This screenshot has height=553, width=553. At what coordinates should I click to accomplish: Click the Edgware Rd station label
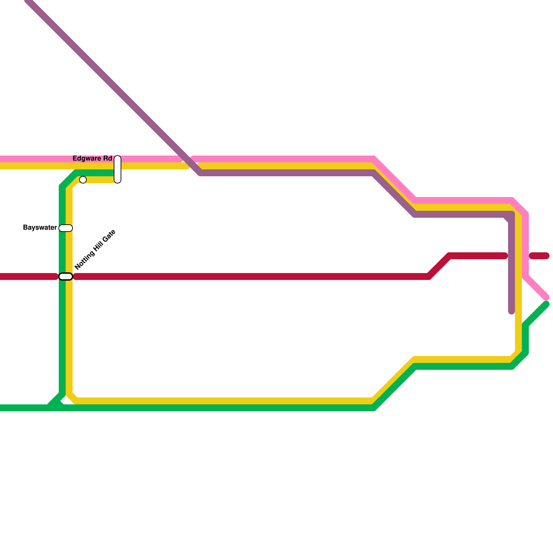point(92,159)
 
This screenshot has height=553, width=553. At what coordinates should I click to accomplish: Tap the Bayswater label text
point(40,228)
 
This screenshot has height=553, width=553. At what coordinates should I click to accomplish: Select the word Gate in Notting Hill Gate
point(109,237)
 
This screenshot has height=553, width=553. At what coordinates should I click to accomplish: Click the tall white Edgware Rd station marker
point(118,169)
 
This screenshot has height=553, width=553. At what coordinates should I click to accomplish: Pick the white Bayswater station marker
point(66,228)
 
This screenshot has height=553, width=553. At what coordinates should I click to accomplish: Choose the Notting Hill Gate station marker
point(66,276)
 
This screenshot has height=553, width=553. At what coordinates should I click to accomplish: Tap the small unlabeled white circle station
point(83,180)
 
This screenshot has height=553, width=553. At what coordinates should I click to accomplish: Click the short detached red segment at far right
point(539,256)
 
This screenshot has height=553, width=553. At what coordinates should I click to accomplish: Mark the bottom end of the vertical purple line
point(512,312)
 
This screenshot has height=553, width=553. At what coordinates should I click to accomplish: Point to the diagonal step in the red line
point(439,266)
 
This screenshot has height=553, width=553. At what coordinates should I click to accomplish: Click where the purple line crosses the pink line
point(187,159)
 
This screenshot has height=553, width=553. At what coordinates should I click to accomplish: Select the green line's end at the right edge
point(546,304)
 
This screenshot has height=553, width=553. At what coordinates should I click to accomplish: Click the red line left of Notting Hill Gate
point(28,276)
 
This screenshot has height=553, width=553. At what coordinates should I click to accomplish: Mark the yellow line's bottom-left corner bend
point(73,397)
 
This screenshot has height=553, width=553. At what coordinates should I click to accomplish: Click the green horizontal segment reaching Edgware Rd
point(95,173)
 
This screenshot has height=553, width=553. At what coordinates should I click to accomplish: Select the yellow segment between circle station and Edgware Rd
point(100,180)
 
